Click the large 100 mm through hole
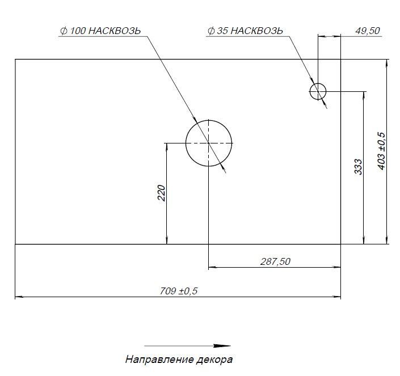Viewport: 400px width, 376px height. (x=209, y=143)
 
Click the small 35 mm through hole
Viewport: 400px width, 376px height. (x=318, y=91)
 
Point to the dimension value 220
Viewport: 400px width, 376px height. (x=161, y=193)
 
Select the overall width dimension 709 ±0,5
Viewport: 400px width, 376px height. (x=179, y=291)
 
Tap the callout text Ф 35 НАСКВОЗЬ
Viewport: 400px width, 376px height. (x=245, y=31)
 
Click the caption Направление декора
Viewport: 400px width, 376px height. (x=179, y=360)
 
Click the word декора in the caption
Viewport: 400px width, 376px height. (x=214, y=360)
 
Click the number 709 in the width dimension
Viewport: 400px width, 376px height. (x=168, y=291)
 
